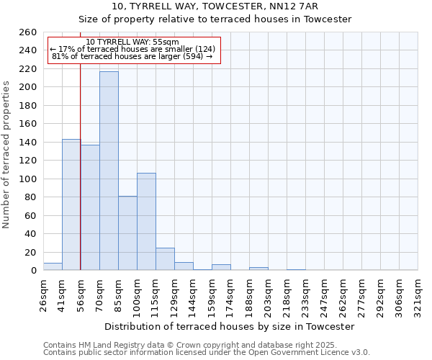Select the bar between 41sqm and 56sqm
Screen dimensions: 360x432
[x=71, y=204]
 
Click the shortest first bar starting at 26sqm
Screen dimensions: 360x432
[x=53, y=266]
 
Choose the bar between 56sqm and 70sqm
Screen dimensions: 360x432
[x=90, y=207]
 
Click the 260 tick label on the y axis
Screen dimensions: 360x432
[x=27, y=32]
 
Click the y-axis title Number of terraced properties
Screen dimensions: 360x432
[x=7, y=154]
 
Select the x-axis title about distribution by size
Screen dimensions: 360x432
[x=230, y=327]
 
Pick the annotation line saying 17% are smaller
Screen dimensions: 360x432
[x=132, y=49]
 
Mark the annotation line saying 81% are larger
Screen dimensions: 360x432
[x=132, y=56]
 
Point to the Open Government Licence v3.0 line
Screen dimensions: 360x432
[x=206, y=353]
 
